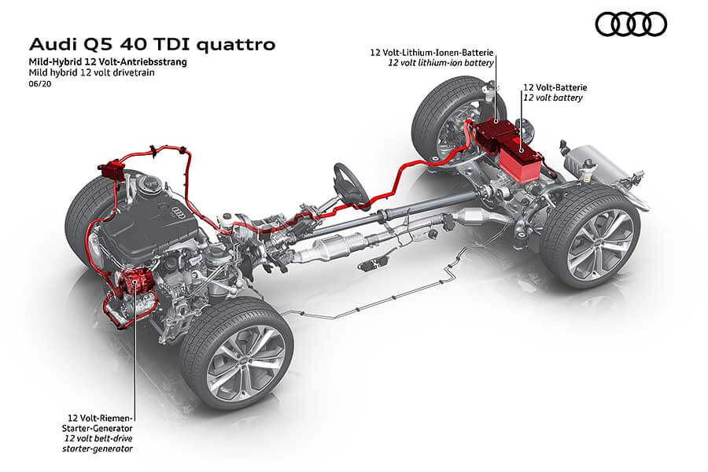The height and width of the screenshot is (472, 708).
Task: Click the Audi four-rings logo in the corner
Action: pos(631,24)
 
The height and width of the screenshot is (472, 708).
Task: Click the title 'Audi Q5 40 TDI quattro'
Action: pos(152,45)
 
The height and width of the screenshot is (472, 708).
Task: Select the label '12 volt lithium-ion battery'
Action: pos(441,63)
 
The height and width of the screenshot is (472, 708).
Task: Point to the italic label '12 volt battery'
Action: pos(553,98)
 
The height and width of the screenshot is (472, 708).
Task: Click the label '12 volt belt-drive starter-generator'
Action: pos(98,443)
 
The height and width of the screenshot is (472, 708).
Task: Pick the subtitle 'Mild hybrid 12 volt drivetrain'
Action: pos(92,72)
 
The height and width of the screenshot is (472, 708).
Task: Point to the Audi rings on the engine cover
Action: pos(179,212)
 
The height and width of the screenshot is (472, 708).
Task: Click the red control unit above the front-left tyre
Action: pos(111,170)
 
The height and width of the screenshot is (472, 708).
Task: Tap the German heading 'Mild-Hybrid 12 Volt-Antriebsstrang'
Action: pos(108,62)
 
